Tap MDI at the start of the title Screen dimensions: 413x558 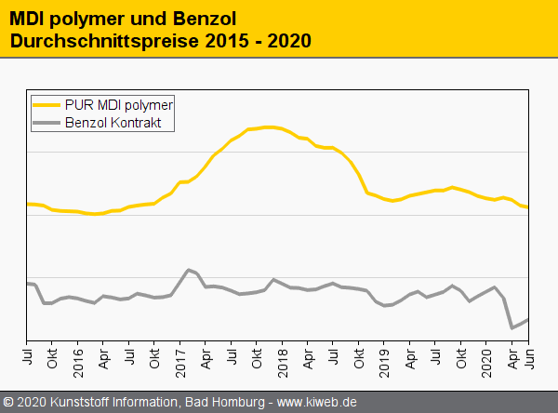26,19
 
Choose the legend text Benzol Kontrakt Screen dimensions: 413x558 118,122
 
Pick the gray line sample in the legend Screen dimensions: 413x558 46,122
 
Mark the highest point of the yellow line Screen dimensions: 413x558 268,127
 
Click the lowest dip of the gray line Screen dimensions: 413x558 511,327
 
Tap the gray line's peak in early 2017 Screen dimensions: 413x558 189,270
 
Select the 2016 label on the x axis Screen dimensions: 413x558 78,362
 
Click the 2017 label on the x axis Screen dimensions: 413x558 179,362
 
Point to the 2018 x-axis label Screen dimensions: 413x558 281,362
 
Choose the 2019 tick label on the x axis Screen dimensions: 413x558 383,362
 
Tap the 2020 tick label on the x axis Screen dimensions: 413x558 485,362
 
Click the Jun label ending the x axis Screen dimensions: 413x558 527,357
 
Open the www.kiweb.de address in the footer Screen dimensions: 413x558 317,403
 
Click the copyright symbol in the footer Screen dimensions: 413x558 8,403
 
